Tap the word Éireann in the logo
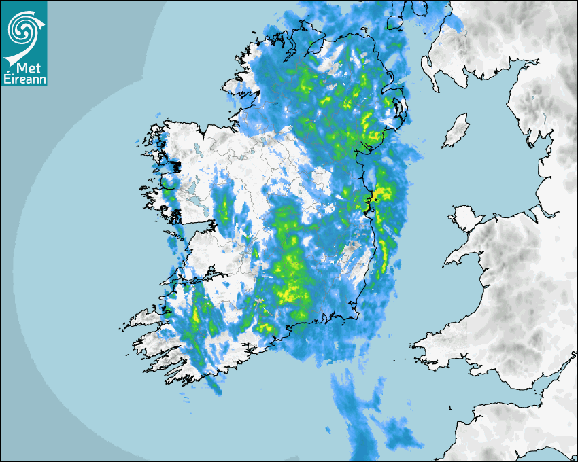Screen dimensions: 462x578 24,80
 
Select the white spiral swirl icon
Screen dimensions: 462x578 23,29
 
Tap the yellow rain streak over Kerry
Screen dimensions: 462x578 197,315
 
